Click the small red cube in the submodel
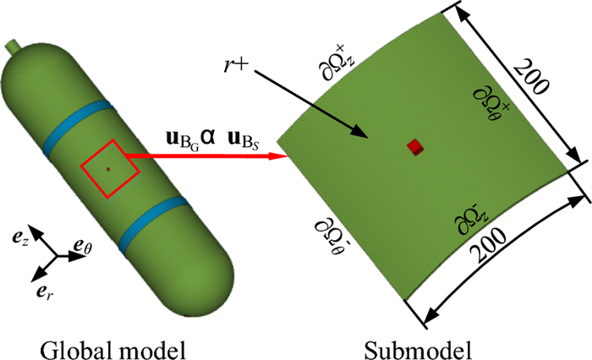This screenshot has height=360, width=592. (x=414, y=147)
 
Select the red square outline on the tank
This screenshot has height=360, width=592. (x=110, y=169)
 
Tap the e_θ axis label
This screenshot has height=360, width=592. (x=82, y=246)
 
